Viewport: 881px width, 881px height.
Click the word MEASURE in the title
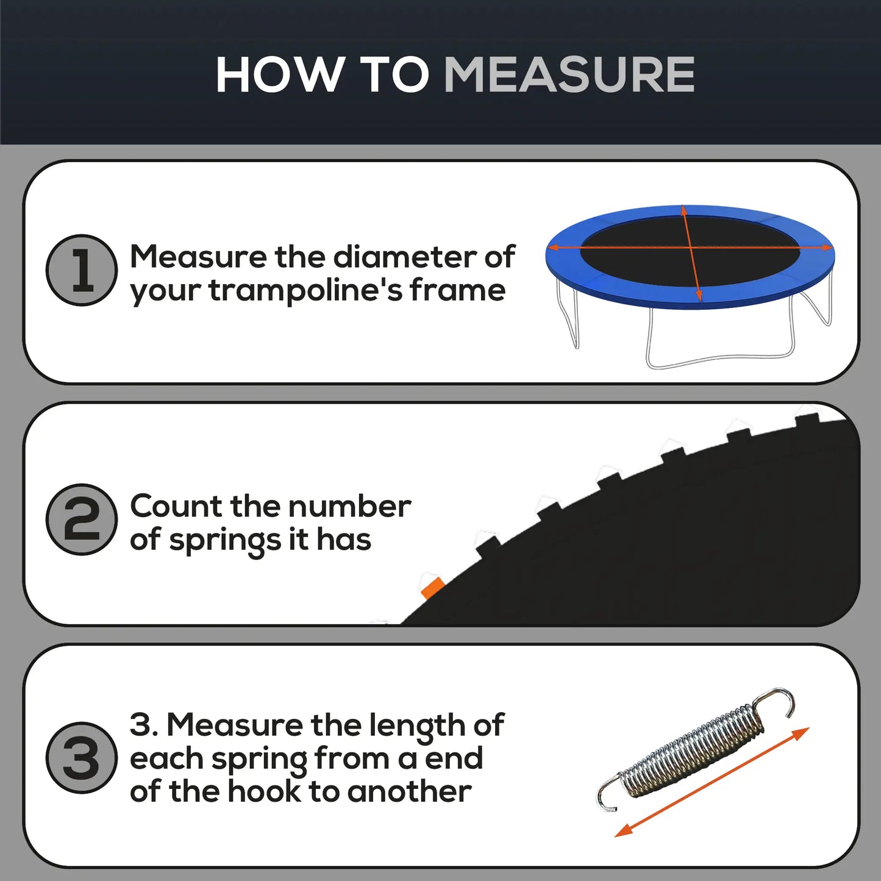pyautogui.click(x=569, y=75)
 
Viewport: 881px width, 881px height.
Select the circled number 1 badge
pyautogui.click(x=82, y=270)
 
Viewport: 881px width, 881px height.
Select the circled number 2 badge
pyautogui.click(x=82, y=519)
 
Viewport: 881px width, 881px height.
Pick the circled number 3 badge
pyautogui.click(x=82, y=758)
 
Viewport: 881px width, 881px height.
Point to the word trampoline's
pyautogui.click(x=305, y=291)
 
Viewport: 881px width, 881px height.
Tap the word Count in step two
pyautogui.click(x=176, y=506)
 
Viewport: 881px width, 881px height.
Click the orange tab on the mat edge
pyautogui.click(x=432, y=588)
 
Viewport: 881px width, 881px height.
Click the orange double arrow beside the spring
pyautogui.click(x=712, y=782)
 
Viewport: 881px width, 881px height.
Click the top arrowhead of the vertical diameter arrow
pyautogui.click(x=684, y=211)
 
